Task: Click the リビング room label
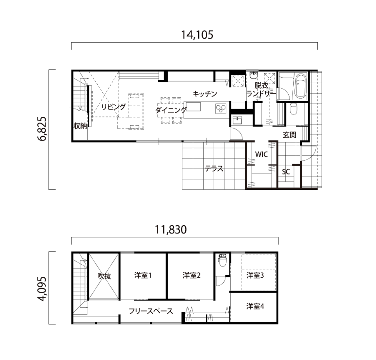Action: pos(113,107)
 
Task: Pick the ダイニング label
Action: pos(171,110)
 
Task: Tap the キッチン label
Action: pos(205,93)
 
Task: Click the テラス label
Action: pos(214,169)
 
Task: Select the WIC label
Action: pos(261,154)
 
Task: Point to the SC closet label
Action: pos(286,172)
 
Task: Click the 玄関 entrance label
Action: pos(289,134)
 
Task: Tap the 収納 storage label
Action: pos(80,126)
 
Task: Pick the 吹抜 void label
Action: pos(104,275)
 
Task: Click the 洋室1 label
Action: pos(143,275)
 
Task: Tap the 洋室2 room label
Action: pos(192,275)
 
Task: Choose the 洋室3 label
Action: pos(255,275)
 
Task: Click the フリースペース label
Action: pos(151,311)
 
